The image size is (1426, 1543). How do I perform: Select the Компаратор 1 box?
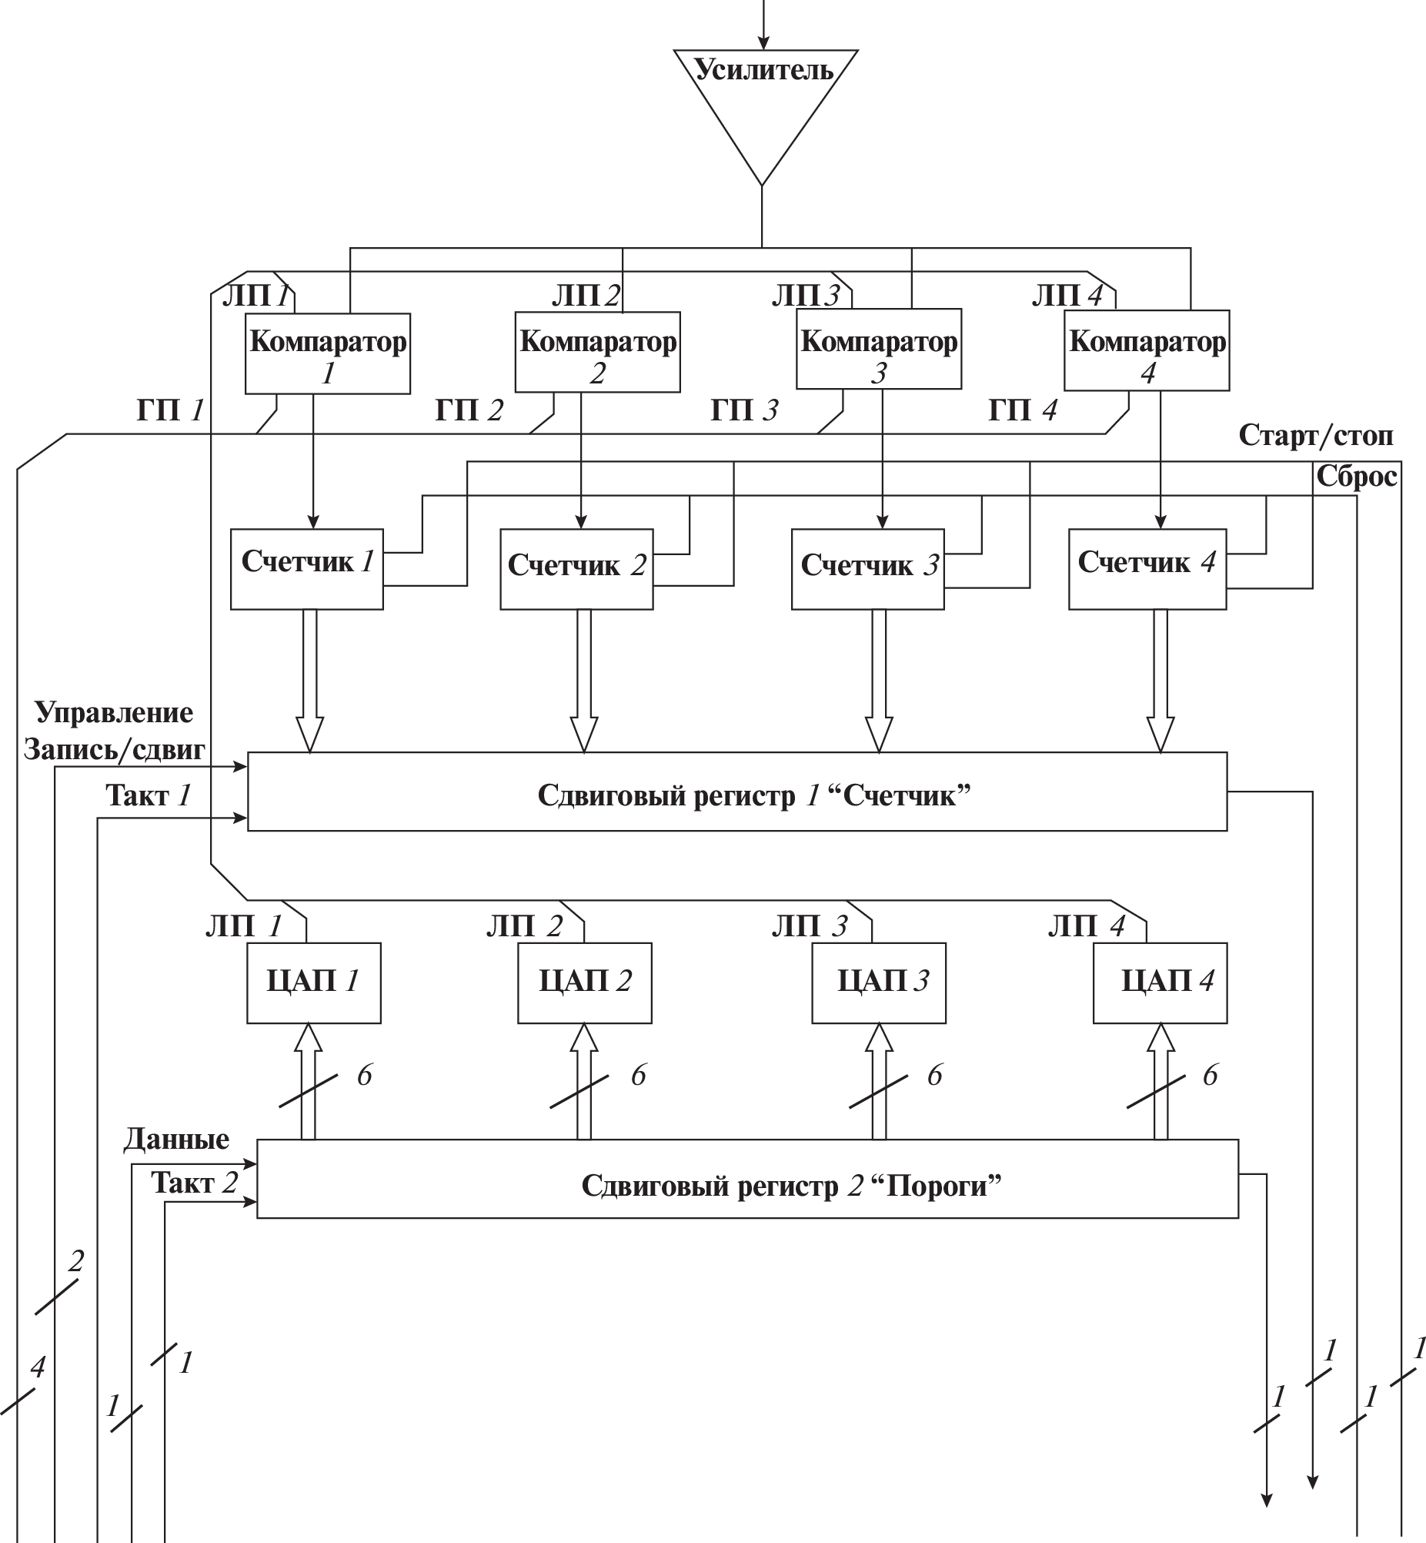pyautogui.click(x=327, y=354)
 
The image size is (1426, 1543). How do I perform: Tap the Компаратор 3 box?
pyautogui.click(x=878, y=350)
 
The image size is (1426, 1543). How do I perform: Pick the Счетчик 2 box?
pyautogui.click(x=576, y=569)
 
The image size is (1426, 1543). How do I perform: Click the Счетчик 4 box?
pyautogui.click(x=1147, y=569)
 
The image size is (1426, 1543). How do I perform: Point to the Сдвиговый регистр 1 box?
pyautogui.click(x=736, y=792)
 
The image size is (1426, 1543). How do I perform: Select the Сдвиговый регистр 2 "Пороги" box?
pyautogui.click(x=747, y=1179)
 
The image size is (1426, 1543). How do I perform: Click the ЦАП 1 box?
pyautogui.click(x=313, y=982)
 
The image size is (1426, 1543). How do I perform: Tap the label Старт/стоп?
pyautogui.click(x=1316, y=436)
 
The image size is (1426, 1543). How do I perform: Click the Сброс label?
pyautogui.click(x=1356, y=477)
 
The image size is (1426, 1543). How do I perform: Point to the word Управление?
pyautogui.click(x=114, y=712)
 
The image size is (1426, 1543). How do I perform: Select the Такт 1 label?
pyautogui.click(x=149, y=795)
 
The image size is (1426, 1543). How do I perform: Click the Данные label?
pyautogui.click(x=177, y=1140)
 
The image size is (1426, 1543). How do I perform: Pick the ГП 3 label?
pyautogui.click(x=744, y=410)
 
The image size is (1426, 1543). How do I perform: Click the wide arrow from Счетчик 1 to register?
pyautogui.click(x=309, y=679)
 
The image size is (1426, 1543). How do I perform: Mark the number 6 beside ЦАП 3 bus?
pyautogui.click(x=934, y=1075)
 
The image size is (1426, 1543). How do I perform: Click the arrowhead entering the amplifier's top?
pyautogui.click(x=763, y=42)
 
